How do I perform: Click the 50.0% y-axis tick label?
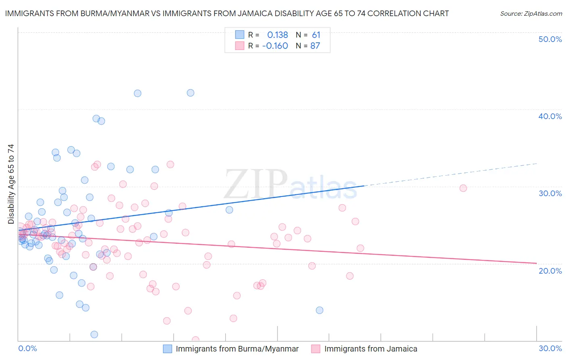(550, 39)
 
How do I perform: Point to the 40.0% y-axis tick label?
(550, 116)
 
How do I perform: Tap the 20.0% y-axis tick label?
(550, 271)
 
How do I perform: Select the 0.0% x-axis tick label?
(27, 348)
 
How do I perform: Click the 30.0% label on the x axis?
(550, 348)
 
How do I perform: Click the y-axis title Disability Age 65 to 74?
(11, 184)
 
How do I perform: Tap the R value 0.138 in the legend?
(277, 35)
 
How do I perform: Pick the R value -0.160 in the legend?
(275, 46)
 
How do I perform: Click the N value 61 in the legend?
(316, 35)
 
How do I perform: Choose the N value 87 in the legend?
(315, 46)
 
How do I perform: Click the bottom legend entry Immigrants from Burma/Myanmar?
(237, 349)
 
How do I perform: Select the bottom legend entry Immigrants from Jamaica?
(371, 349)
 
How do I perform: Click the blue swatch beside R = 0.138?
(240, 35)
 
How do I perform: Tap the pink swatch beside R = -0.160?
(240, 46)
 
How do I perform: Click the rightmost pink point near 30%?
(463, 188)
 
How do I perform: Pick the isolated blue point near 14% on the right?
(319, 310)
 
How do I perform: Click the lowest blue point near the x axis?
(94, 334)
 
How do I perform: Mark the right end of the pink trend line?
(536, 263)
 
